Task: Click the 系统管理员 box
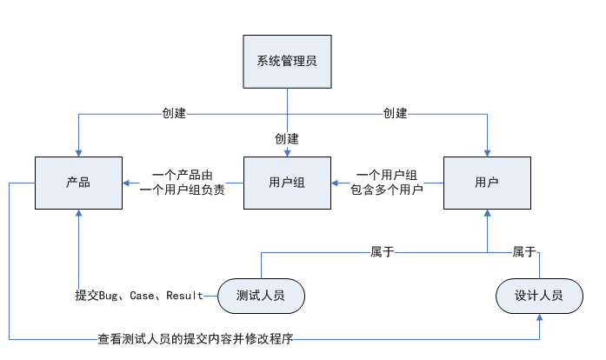(x=287, y=61)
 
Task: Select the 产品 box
(x=78, y=183)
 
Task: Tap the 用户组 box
(x=287, y=183)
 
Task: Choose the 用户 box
(x=487, y=183)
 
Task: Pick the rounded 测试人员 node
(x=262, y=296)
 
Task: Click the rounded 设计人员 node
(x=539, y=296)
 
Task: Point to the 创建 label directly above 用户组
(x=287, y=139)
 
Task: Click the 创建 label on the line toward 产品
(x=174, y=113)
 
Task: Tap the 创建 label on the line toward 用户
(x=396, y=113)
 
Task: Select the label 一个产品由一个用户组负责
(x=182, y=183)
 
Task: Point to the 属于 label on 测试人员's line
(x=383, y=252)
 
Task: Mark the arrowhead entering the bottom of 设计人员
(x=539, y=318)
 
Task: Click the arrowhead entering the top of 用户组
(x=287, y=153)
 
